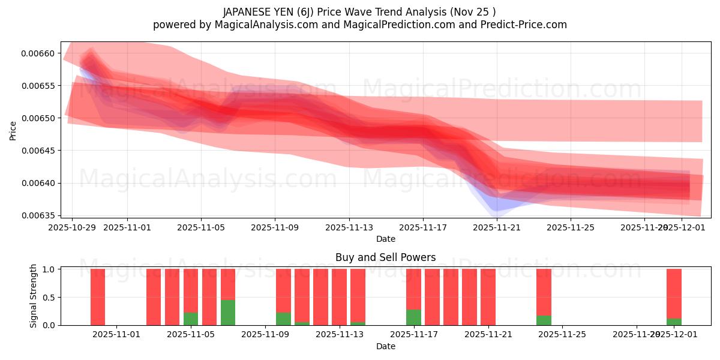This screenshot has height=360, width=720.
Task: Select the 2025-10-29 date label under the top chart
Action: [72, 228]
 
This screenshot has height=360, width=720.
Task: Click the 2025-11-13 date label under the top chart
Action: [349, 228]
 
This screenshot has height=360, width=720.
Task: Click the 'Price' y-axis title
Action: [13, 130]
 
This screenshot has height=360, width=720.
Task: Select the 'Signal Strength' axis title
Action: [34, 296]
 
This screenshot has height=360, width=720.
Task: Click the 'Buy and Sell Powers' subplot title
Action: [385, 257]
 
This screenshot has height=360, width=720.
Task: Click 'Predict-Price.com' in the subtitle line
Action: [523, 25]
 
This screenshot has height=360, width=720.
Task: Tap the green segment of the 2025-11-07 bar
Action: [228, 313]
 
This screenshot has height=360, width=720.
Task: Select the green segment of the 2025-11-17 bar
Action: [413, 317]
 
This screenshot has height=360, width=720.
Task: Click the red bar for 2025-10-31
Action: [98, 297]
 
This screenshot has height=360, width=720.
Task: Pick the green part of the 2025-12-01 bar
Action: [674, 322]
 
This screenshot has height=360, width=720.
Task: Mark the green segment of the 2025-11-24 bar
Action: [544, 320]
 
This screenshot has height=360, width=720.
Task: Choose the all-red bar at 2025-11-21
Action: [488, 297]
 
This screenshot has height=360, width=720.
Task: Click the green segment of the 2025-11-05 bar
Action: [191, 319]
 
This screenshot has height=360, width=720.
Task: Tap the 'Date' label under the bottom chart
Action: [385, 346]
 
